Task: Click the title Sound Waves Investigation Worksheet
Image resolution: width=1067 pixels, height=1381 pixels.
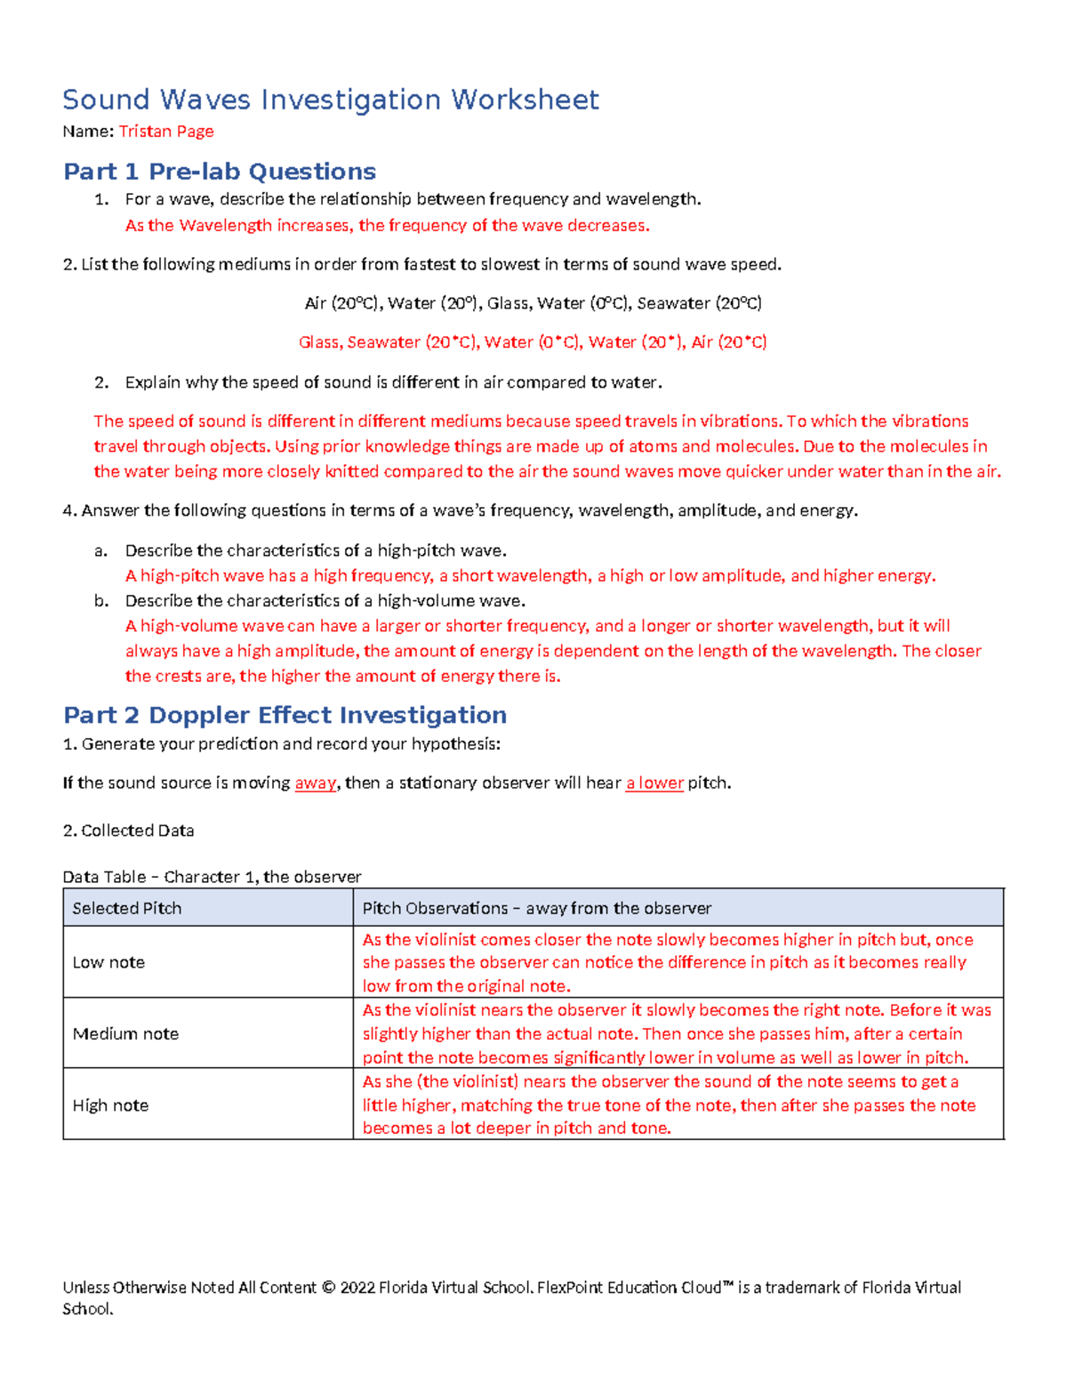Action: click(330, 100)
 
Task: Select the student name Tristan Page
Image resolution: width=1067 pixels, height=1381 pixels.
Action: click(166, 132)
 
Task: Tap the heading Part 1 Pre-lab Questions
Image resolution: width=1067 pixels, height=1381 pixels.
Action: click(220, 171)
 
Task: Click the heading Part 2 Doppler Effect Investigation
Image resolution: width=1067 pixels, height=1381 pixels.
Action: click(285, 715)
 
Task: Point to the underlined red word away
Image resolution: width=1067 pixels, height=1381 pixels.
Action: click(316, 783)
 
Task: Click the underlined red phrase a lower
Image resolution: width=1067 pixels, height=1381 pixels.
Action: click(654, 783)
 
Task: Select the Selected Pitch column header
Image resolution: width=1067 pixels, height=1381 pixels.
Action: click(127, 908)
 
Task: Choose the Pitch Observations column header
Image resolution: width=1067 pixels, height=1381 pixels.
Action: click(536, 908)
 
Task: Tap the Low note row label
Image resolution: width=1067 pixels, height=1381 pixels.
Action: click(108, 962)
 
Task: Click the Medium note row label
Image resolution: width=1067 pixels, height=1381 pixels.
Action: click(125, 1033)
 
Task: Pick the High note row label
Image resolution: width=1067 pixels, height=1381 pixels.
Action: click(110, 1105)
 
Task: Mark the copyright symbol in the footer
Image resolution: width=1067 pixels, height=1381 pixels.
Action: click(328, 1288)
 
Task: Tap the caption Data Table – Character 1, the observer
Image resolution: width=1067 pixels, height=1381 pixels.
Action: click(212, 877)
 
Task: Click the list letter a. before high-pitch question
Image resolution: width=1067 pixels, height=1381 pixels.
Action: click(100, 550)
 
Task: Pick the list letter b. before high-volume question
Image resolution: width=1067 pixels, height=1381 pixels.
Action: click(100, 601)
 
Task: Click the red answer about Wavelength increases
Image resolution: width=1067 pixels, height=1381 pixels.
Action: click(387, 226)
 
